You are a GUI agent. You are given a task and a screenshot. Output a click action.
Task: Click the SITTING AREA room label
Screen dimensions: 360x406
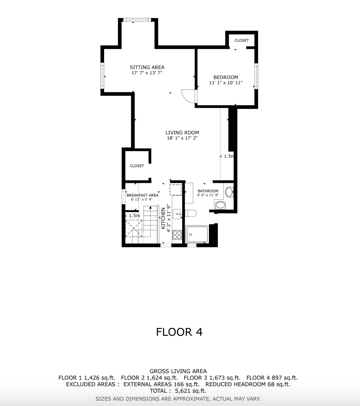pos(147,67)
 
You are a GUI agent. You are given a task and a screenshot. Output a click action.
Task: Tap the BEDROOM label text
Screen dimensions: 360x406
pos(226,77)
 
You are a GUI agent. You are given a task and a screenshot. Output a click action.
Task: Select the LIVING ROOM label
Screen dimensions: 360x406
pos(182,132)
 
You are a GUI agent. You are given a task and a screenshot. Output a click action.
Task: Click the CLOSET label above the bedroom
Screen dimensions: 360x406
pos(242,40)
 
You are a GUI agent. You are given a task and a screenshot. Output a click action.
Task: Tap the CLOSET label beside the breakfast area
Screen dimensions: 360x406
pos(137,166)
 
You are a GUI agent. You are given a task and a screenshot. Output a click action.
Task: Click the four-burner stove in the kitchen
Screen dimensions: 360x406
pos(177,235)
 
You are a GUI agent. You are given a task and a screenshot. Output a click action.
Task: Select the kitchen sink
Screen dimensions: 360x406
pos(177,214)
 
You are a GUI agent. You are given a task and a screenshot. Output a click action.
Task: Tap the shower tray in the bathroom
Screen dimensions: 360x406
pos(197,235)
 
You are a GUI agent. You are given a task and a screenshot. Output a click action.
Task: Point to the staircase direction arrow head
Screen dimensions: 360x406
pos(150,207)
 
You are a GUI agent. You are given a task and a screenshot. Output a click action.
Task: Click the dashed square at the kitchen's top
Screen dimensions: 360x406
pos(175,189)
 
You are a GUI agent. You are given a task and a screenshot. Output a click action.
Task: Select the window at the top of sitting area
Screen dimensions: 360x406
pos(136,20)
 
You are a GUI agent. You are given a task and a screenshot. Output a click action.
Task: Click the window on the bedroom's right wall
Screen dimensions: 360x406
pos(256,76)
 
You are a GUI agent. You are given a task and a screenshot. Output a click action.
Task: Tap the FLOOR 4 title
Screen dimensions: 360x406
pos(179,332)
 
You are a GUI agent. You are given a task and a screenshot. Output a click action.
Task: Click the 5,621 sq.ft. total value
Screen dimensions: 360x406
pos(191,391)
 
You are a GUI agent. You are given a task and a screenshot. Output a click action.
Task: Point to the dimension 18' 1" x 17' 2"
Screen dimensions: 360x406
pos(182,138)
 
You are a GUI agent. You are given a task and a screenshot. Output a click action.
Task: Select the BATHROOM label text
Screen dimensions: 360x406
pos(208,191)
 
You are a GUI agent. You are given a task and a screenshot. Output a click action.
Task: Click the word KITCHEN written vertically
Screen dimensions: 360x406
pos(163,218)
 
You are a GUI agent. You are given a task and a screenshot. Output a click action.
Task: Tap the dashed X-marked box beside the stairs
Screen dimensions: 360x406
pos(134,229)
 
